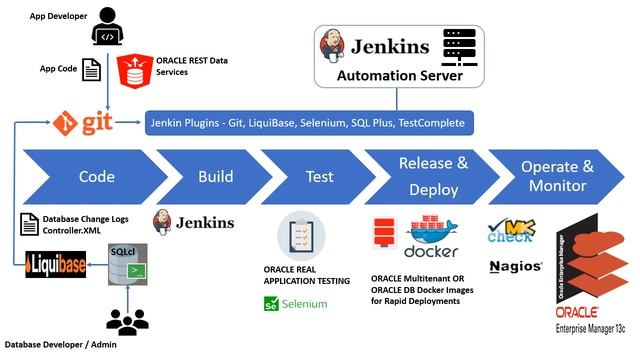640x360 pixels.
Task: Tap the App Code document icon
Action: pos(91,69)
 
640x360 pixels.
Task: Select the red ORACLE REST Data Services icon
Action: pos(132,71)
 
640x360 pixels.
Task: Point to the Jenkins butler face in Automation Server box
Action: pos(334,45)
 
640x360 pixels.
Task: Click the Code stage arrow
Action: pos(90,177)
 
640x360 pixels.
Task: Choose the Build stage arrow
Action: pos(215,177)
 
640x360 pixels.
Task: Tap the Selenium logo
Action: pos(296,303)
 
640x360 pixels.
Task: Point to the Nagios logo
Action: pos(516,267)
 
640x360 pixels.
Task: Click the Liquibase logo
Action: pos(55,267)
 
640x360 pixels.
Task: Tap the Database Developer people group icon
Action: pos(126,321)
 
